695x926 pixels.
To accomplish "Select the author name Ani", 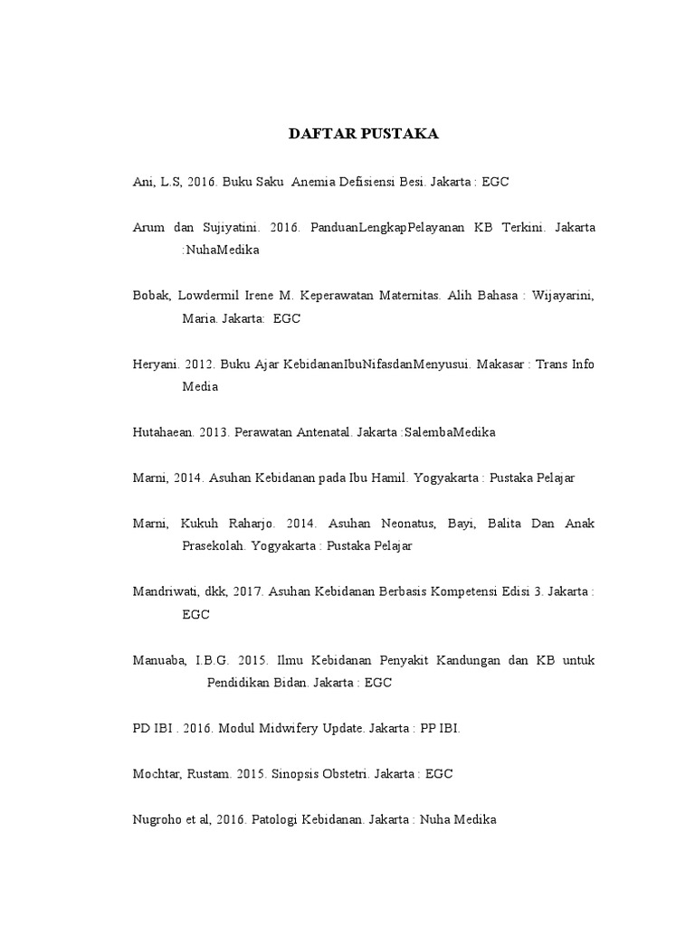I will tap(144, 182).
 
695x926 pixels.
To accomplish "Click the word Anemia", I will tap(321, 182).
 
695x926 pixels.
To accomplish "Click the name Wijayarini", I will tap(562, 296).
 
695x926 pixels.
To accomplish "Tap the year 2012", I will tap(198, 364).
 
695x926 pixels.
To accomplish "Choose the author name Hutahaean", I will tap(164, 432).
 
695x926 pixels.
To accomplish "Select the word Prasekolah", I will tap(215, 546).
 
